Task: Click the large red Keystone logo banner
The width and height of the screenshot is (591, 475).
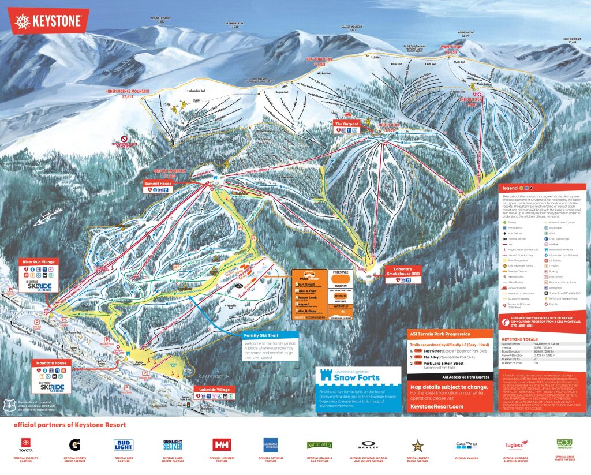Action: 48,21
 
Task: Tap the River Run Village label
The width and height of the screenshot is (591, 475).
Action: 38,261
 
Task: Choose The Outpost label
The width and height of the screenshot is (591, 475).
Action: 346,124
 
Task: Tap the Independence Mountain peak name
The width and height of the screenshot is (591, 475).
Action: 128,93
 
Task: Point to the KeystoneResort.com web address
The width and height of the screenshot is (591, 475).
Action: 437,406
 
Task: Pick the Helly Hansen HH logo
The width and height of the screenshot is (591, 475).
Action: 222,445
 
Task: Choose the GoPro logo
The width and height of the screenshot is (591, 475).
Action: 466,445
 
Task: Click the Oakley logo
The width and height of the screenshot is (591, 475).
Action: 368,446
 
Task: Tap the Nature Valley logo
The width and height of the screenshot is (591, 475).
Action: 319,445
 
